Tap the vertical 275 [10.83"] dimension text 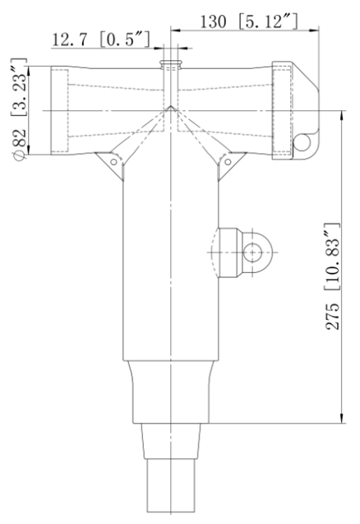point(332,276)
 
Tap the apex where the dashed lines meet point(170,106)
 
